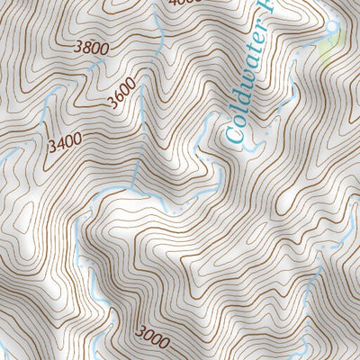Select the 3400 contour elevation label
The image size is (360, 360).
tap(65, 141)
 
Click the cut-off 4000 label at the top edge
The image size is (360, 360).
tap(186, 3)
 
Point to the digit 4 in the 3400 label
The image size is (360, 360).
tap(58, 142)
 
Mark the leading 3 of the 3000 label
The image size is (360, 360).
tap(140, 331)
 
